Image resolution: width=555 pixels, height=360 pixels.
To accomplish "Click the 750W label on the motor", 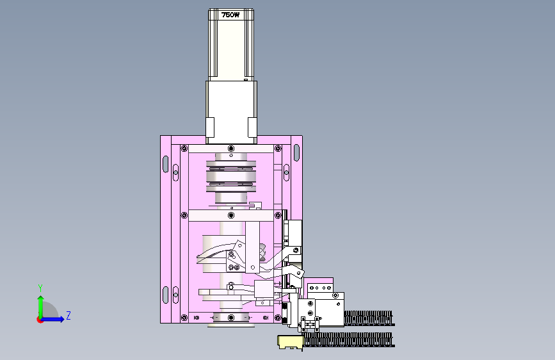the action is point(230,15).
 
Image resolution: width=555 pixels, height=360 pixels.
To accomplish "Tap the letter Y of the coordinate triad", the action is point(40,288).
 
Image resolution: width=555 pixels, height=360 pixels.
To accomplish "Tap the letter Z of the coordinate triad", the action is point(68,315).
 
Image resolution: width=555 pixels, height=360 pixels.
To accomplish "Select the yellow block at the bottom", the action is point(291,342).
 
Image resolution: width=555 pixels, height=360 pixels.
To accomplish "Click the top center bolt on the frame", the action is point(231,148).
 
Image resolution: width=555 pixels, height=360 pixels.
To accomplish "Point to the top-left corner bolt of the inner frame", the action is point(184,148).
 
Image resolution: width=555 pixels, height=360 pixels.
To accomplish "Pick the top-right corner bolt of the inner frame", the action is point(278,148).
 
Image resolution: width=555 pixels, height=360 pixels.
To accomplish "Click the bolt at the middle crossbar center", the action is point(231,215).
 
